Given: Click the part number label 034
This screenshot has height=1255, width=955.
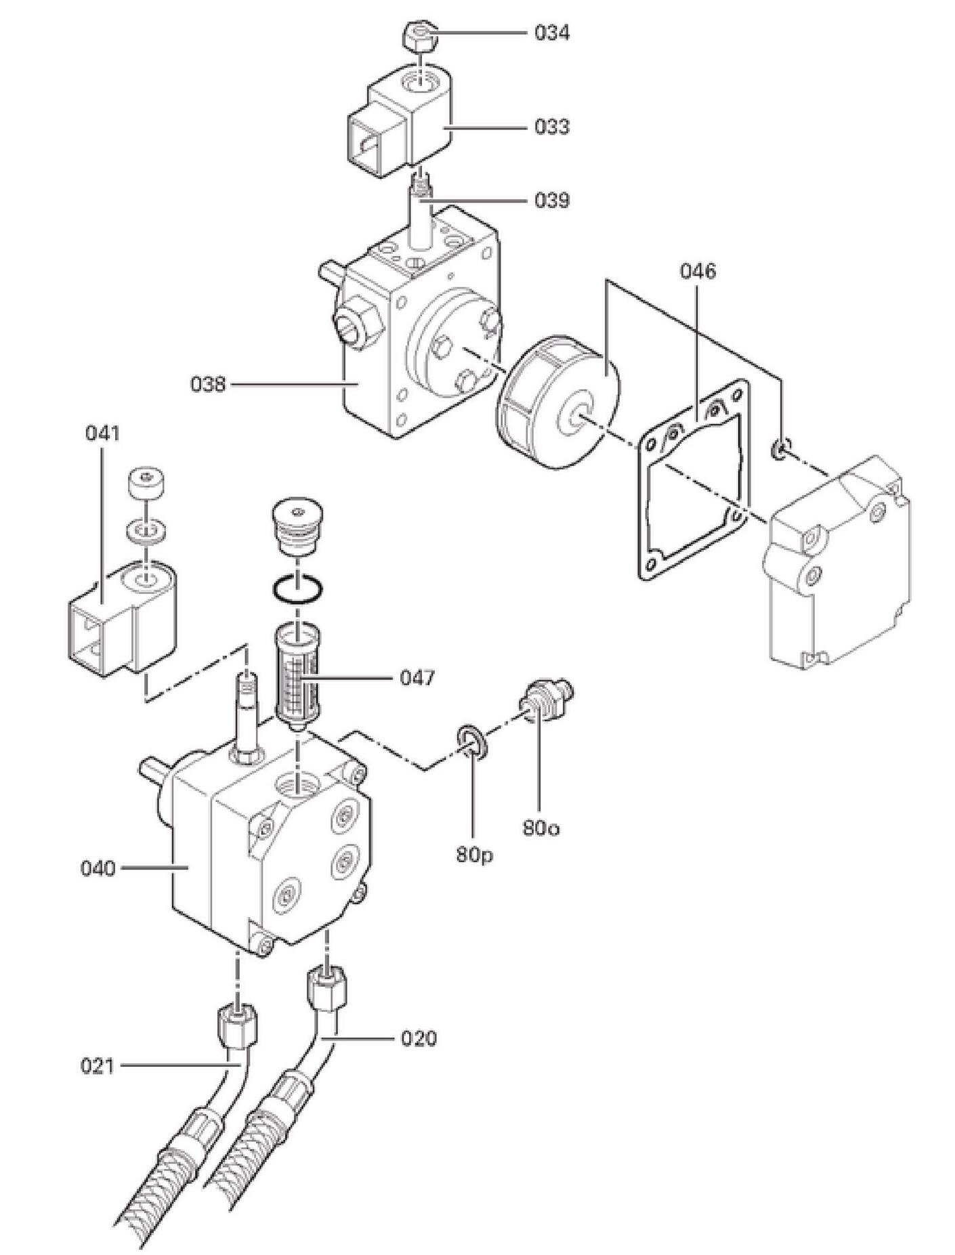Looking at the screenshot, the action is point(551,33).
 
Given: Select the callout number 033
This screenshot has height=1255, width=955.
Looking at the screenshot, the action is point(551,127).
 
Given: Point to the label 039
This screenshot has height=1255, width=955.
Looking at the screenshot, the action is point(551,200).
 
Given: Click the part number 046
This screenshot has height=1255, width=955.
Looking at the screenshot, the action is point(697,271).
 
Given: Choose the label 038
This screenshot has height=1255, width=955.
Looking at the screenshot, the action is point(207,385).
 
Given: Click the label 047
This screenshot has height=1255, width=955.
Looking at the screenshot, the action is point(417,677).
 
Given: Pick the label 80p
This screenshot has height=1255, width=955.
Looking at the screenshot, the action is point(474,855).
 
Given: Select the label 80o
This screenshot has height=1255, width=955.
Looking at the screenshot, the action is point(540,828).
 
